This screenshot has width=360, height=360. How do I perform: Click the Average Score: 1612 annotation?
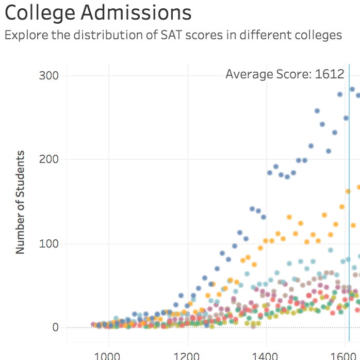(285, 74)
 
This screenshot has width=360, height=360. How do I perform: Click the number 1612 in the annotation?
(330, 74)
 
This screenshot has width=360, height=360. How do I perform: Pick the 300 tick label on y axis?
(49, 76)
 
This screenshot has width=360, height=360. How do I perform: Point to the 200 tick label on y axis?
(49, 159)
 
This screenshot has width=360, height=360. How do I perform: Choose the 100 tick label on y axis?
(49, 243)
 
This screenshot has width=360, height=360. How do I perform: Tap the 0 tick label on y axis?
(55, 328)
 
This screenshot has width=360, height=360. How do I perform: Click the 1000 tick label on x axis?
(109, 356)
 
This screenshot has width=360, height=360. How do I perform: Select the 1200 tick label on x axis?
(188, 356)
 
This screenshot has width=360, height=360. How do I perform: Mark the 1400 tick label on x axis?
(267, 356)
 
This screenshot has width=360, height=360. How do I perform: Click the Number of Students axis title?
(20, 202)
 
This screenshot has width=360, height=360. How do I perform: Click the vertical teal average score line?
(349, 206)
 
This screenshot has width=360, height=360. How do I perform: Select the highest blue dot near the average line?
(352, 89)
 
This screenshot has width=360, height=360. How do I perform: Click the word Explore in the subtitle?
(24, 35)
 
